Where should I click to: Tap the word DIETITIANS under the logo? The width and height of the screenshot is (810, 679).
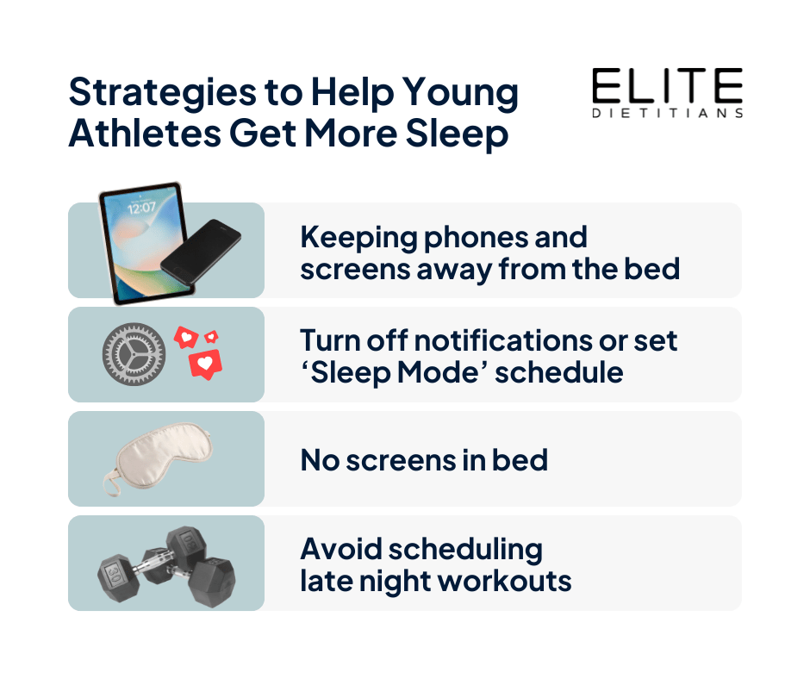[x=668, y=113]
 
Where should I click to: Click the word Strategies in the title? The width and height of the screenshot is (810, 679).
[x=163, y=94]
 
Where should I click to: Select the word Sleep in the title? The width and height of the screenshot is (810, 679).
[x=458, y=134]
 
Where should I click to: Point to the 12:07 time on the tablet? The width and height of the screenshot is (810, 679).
[x=141, y=208]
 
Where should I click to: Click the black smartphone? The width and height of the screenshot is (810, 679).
[x=201, y=251]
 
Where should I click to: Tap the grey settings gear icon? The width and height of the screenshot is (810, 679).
[x=134, y=354]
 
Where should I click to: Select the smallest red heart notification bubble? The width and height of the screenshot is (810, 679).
[x=211, y=337]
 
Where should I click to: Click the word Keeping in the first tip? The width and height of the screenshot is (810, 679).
[x=358, y=238]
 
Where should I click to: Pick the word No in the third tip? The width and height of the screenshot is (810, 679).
[x=320, y=460]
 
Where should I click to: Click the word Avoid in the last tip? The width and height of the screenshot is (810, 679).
[x=341, y=549]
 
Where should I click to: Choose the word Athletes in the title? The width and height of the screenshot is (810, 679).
[x=145, y=134]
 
